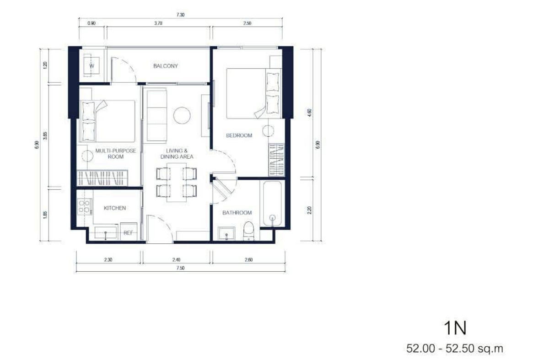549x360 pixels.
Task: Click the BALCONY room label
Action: pos(166,66)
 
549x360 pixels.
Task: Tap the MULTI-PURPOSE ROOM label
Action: pos(116,154)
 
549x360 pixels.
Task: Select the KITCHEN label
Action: pos(115,208)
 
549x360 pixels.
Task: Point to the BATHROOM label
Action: pos(237,213)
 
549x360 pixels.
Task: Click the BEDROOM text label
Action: pos(239,135)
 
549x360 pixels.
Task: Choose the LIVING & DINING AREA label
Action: pos(177,154)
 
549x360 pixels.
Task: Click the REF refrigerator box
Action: pos(129,231)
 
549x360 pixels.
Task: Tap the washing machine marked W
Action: pos(91,66)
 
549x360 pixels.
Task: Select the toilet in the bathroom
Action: pos(249,231)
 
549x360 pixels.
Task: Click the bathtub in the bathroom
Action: pos(272,204)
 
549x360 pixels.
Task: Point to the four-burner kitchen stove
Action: pos(85,206)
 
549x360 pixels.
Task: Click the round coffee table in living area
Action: pos(182,115)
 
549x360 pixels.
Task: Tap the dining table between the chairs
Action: pos(177,182)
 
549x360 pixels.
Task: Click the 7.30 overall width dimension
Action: pos(180,15)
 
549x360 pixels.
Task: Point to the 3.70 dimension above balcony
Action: pos(158,23)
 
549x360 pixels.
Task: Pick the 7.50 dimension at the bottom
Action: pos(180,268)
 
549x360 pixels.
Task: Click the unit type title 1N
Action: pos(455,328)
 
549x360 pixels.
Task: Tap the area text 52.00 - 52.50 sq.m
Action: pos(455,349)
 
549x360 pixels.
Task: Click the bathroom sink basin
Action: pos(226,233)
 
